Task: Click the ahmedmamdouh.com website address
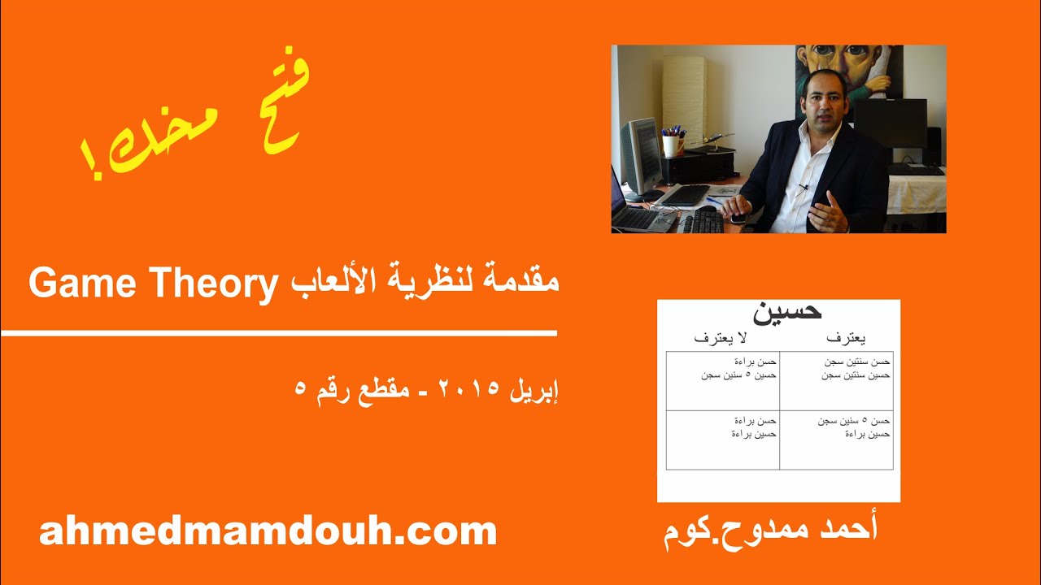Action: (x=268, y=531)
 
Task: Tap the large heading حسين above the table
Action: (x=787, y=311)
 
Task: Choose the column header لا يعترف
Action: (x=725, y=336)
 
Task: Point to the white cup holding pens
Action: (x=671, y=145)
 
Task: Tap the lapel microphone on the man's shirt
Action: (x=804, y=188)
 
